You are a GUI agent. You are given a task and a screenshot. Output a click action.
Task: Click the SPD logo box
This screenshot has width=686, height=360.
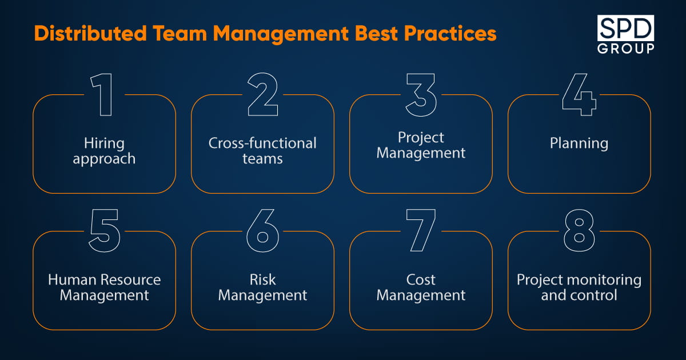point(625,28)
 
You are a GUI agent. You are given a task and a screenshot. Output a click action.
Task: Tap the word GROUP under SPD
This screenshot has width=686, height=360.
point(625,49)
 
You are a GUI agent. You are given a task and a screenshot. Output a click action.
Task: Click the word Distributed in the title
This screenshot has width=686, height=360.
point(90,33)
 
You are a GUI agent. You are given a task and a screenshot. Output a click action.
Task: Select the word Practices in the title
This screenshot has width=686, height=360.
point(450,33)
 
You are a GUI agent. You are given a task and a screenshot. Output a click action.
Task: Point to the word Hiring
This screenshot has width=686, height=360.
point(105,143)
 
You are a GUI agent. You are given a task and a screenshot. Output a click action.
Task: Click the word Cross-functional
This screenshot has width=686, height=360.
point(262,143)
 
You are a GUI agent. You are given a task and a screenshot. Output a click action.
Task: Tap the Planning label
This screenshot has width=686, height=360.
point(579,143)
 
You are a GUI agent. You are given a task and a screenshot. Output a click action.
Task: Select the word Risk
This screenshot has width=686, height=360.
point(262,279)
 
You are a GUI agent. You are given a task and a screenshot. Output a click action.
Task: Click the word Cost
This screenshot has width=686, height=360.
point(421,279)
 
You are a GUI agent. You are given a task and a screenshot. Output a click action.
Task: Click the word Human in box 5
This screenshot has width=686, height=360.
point(72,279)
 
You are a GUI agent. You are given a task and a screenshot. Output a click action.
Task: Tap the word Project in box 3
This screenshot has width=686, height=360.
point(421,138)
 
